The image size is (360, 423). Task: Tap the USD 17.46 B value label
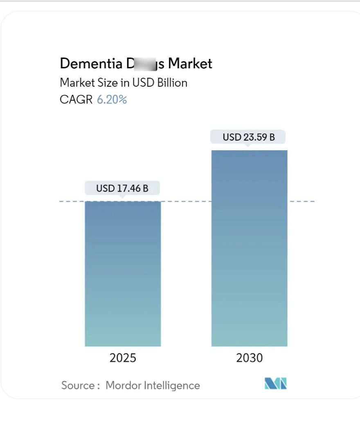point(122,189)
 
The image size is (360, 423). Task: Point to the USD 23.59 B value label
point(248,137)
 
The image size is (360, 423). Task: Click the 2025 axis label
point(123,358)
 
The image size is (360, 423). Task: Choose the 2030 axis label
point(249,358)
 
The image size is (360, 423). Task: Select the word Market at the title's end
point(190,64)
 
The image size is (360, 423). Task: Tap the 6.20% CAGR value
point(112,99)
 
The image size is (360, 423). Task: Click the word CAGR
point(76,99)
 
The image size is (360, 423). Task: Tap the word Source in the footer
point(78,385)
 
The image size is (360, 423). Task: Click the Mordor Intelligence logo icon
point(276,383)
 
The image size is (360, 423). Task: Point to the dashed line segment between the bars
point(186,201)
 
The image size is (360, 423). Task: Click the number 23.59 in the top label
point(254,137)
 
